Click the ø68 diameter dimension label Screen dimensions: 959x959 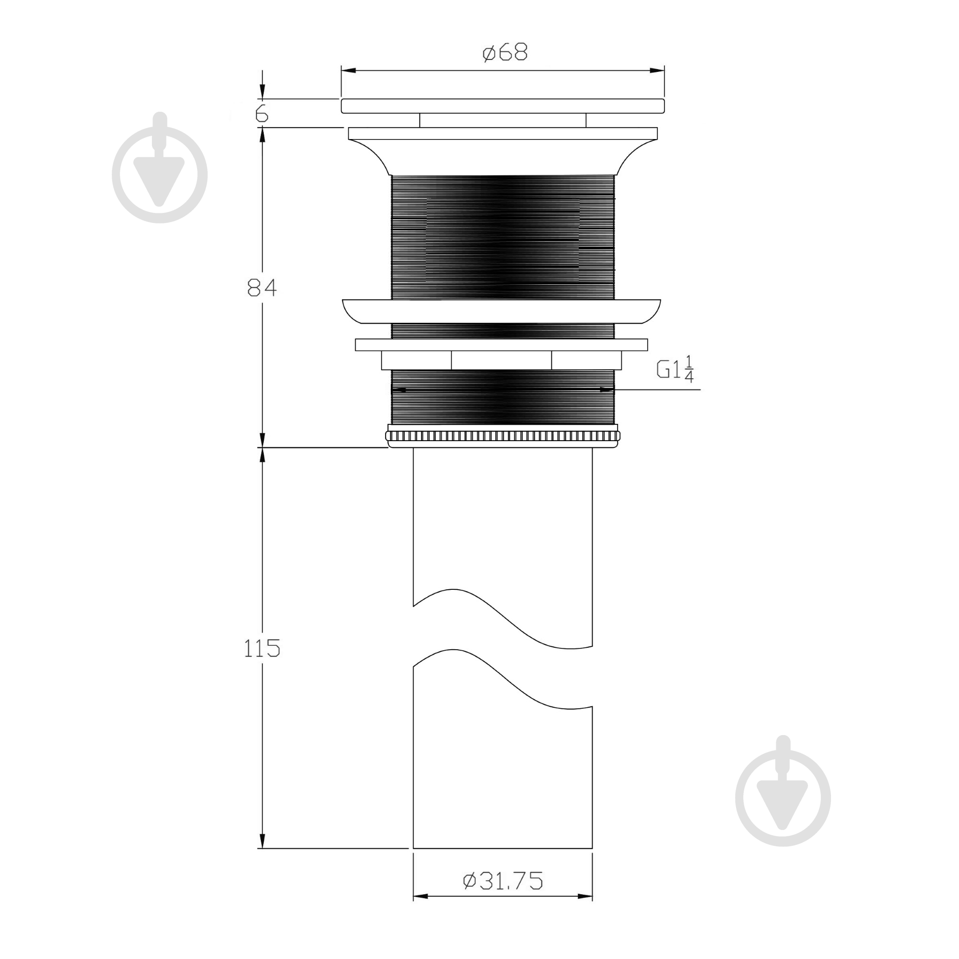(x=505, y=52)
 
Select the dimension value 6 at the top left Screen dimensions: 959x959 (x=262, y=114)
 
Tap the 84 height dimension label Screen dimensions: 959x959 (x=262, y=287)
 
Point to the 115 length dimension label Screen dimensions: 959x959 (x=262, y=648)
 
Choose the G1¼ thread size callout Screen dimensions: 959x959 (x=675, y=369)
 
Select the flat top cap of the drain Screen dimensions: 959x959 (x=503, y=105)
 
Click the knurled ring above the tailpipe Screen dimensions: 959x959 (x=503, y=436)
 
